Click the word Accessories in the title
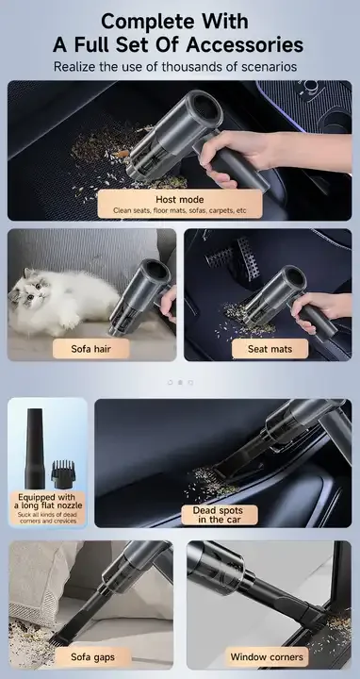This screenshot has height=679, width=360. [x=244, y=44]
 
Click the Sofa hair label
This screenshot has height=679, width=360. [x=90, y=349]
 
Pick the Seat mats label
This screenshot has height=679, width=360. [x=270, y=349]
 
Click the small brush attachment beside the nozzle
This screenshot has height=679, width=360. [x=63, y=475]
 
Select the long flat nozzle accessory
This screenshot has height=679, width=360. [x=35, y=448]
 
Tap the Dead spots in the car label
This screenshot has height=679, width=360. [x=219, y=515]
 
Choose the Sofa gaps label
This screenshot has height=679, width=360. [x=92, y=657]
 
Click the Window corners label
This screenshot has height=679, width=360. [x=267, y=657]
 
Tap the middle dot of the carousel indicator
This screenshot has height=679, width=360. [x=180, y=382]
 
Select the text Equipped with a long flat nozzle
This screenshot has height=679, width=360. [x=48, y=501]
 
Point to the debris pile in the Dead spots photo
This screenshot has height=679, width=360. [x=211, y=482]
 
